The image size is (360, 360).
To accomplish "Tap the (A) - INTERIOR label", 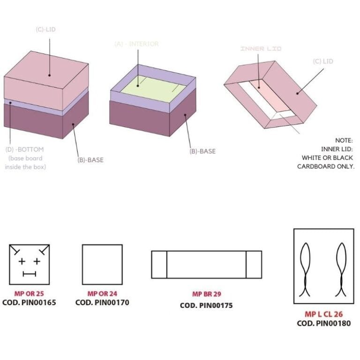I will pyautogui.click(x=136, y=44).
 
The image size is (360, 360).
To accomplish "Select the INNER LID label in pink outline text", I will pyautogui.click(x=261, y=49).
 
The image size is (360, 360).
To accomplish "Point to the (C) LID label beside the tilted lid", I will pyautogui.click(x=323, y=61).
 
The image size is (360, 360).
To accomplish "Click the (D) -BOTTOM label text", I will pyautogui.click(x=24, y=150).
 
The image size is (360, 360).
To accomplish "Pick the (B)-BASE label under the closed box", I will pyautogui.click(x=90, y=160).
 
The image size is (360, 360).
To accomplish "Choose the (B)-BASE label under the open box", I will pyautogui.click(x=202, y=151).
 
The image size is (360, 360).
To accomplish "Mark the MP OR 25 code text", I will pyautogui.click(x=29, y=294).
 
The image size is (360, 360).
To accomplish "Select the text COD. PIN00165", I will pyautogui.click(x=29, y=303).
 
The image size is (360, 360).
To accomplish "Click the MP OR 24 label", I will pyautogui.click(x=102, y=294).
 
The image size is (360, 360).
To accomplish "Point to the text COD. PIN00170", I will pyautogui.click(x=102, y=303).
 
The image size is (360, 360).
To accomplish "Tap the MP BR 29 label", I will pyautogui.click(x=206, y=294).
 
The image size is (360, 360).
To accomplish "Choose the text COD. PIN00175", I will pyautogui.click(x=206, y=306).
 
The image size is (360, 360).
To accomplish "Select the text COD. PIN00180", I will pyautogui.click(x=323, y=323).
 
